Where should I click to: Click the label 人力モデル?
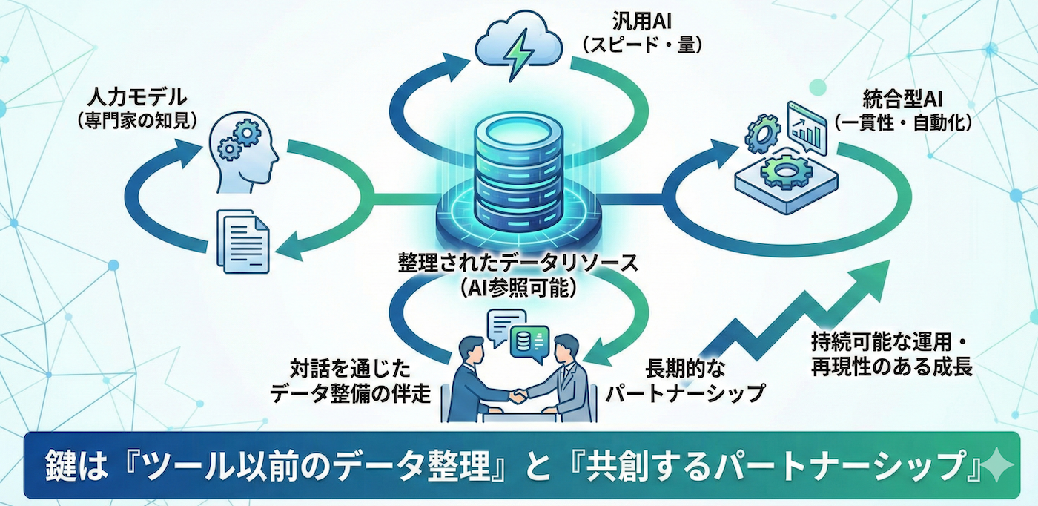point(137,97)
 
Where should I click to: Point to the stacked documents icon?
point(242,238)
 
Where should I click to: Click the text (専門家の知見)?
point(137,120)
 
